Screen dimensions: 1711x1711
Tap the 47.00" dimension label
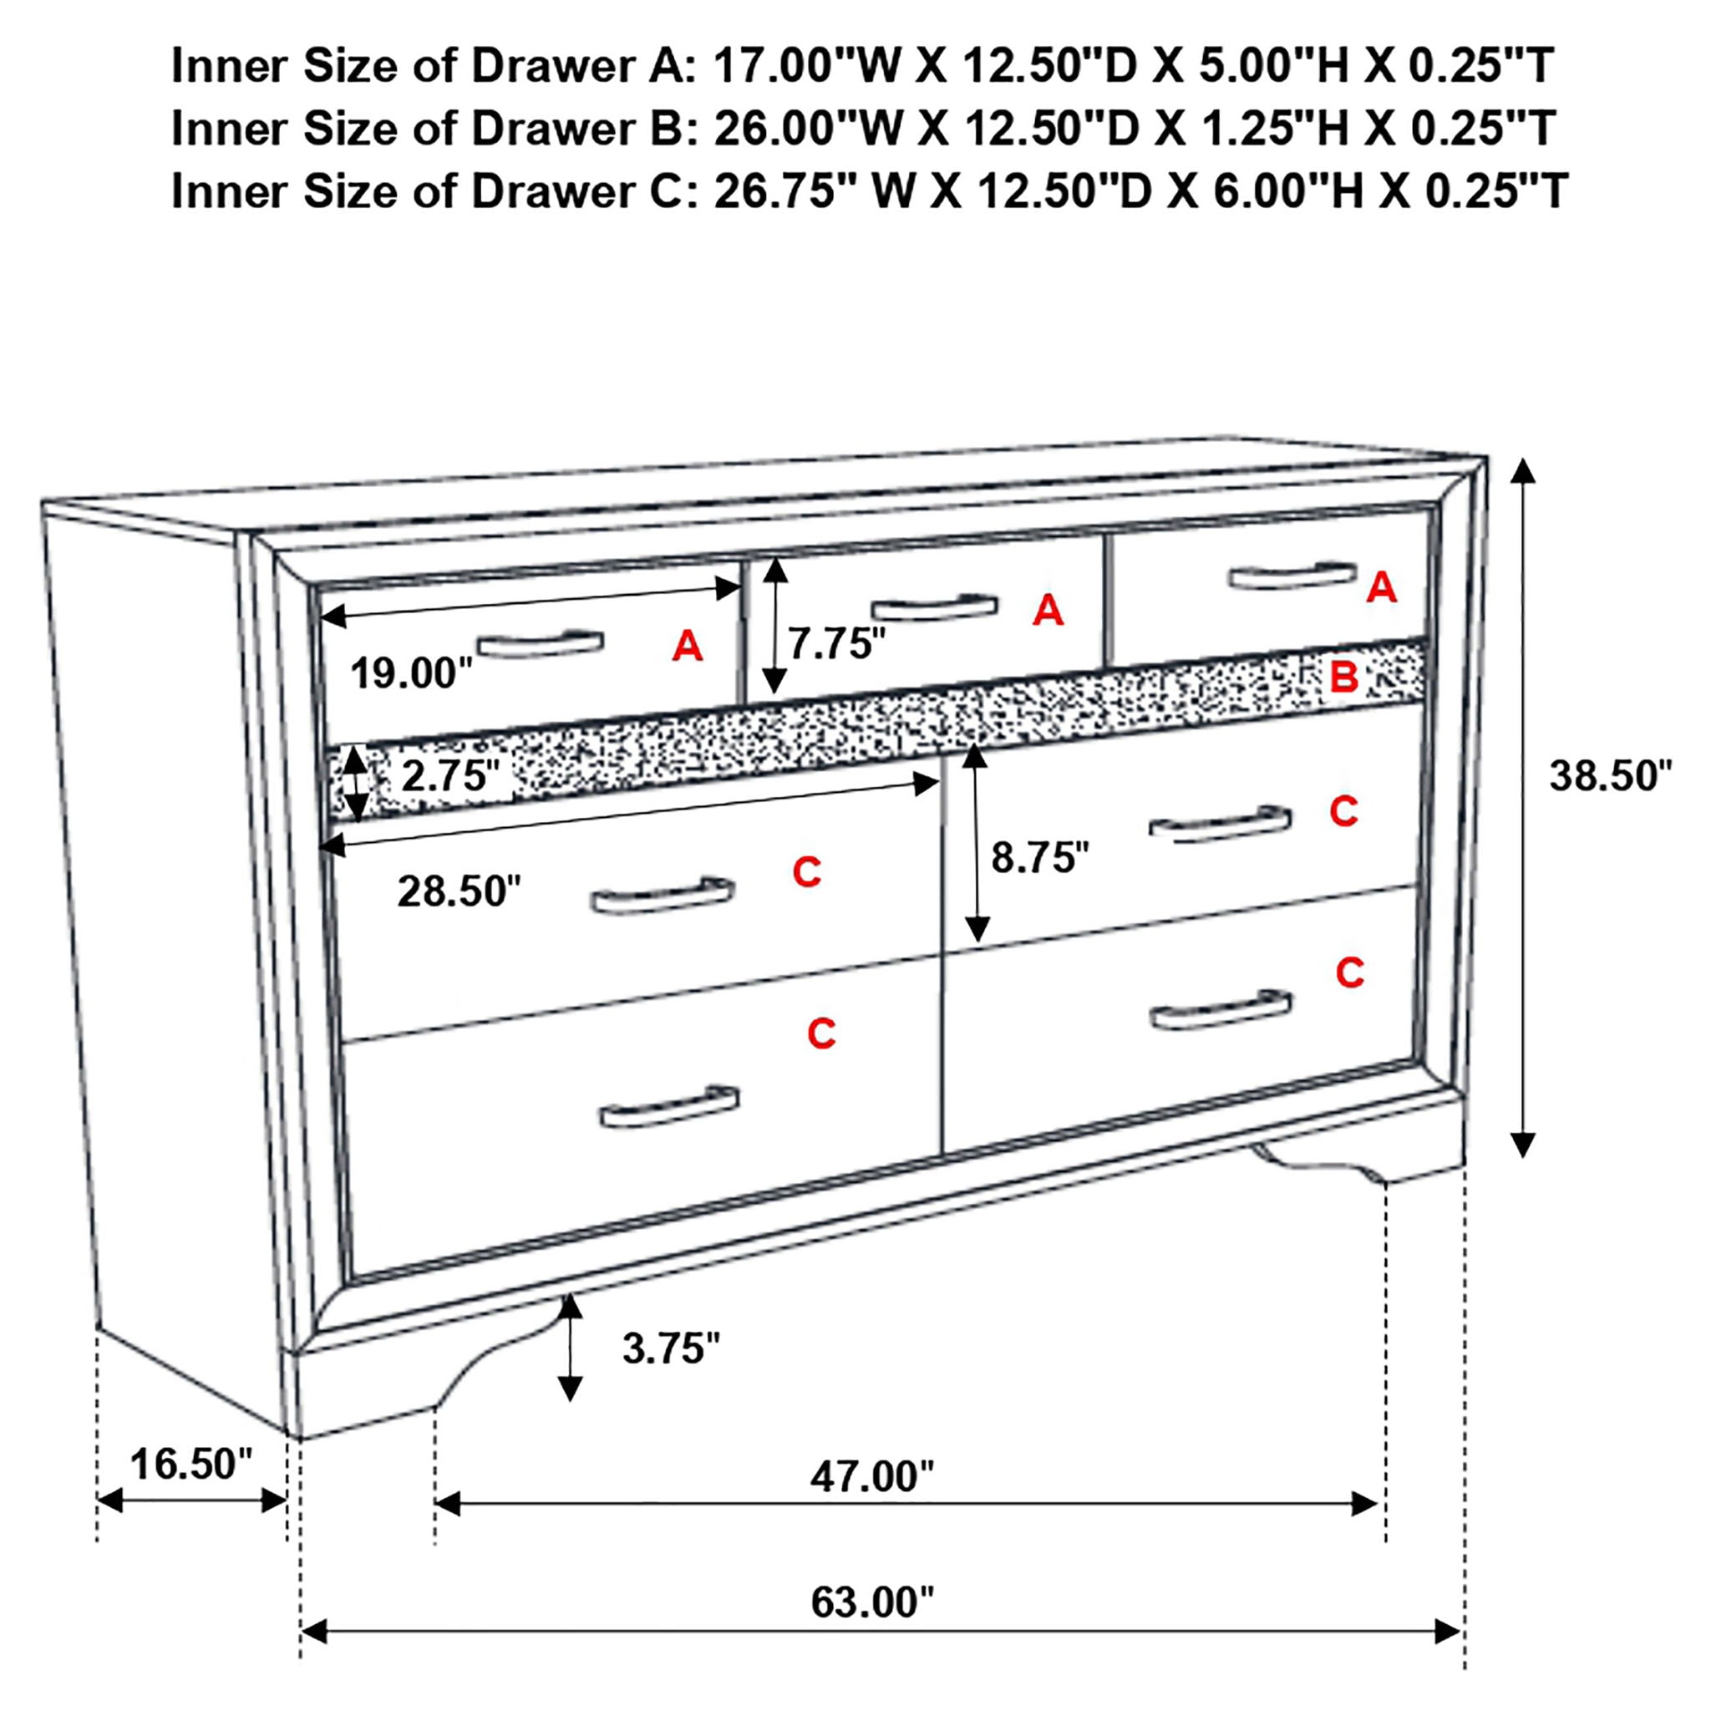click(x=871, y=1476)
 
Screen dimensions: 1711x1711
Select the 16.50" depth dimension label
click(x=191, y=1464)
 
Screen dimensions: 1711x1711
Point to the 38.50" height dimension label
click(x=1610, y=776)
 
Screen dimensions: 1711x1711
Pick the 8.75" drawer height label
click(x=1039, y=856)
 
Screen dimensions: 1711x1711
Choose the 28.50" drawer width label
click(x=459, y=891)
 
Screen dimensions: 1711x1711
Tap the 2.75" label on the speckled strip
click(x=450, y=777)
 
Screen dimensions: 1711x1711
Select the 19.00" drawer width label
click(x=412, y=673)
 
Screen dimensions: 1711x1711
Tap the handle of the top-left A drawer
click(x=541, y=644)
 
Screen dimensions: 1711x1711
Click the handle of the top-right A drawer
click(x=1292, y=576)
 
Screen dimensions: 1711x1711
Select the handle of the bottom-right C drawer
click(x=1221, y=1011)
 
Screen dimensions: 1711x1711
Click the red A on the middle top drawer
click(x=1048, y=610)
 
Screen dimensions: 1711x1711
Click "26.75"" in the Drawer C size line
click(x=776, y=191)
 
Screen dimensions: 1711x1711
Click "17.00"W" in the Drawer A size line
click(x=807, y=65)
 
